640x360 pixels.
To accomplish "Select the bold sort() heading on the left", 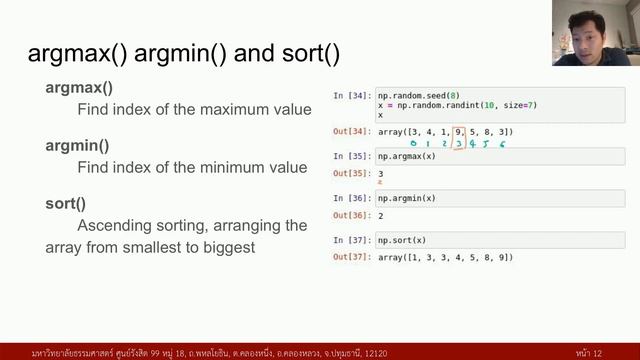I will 65,203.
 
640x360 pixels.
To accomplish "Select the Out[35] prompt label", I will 351,174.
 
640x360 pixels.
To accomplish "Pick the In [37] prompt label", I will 351,240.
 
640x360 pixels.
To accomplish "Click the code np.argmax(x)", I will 407,156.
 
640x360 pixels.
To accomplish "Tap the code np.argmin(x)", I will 407,198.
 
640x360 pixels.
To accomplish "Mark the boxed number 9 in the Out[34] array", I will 459,131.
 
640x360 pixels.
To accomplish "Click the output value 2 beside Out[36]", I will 381,216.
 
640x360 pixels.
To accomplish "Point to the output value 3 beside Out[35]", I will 381,174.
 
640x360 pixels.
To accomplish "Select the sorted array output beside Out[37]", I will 445,258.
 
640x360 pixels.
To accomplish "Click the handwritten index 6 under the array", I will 502,145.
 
